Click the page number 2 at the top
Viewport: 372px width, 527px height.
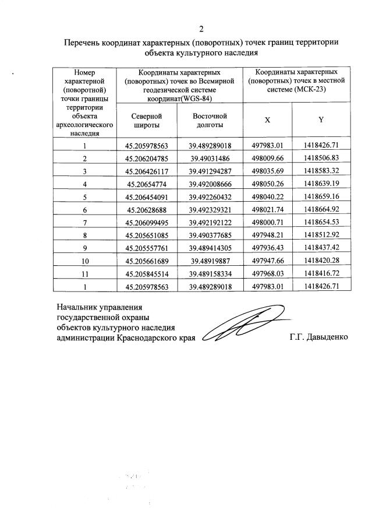201,29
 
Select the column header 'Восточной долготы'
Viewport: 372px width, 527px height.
210,121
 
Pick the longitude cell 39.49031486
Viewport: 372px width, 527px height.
210,159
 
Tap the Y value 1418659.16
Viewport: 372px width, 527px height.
321,196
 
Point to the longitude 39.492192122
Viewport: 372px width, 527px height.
210,222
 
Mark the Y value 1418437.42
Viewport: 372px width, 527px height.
321,248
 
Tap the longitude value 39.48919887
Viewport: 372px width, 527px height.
210,261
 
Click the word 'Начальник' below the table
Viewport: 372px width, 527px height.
77,306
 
